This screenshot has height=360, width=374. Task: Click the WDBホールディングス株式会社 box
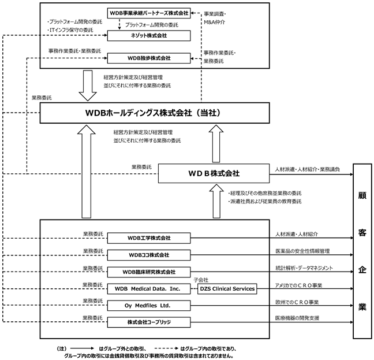pyautogui.click(x=155, y=113)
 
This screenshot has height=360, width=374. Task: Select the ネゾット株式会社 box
pyautogui.click(x=149, y=36)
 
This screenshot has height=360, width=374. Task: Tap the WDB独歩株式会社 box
pyautogui.click(x=149, y=58)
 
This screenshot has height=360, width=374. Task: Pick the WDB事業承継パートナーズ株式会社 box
pyautogui.click(x=149, y=13)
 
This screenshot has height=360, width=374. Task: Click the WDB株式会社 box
pyautogui.click(x=214, y=173)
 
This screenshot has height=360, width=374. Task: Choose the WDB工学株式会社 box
pyautogui.click(x=149, y=238)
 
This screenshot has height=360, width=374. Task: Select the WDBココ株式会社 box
pyautogui.click(x=149, y=255)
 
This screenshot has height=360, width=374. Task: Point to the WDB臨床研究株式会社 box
pyautogui.click(x=149, y=272)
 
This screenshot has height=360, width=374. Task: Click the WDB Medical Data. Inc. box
pyautogui.click(x=149, y=288)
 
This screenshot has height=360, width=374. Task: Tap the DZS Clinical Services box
pyautogui.click(x=227, y=288)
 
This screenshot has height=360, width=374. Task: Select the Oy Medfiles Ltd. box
pyautogui.click(x=149, y=306)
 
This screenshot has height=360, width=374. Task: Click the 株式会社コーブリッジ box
pyautogui.click(x=149, y=322)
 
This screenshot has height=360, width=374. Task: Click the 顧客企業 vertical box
pyautogui.click(x=362, y=251)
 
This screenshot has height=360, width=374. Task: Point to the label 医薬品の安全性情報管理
pyautogui.click(x=302, y=251)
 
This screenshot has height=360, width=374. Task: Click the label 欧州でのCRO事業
pyautogui.click(x=297, y=302)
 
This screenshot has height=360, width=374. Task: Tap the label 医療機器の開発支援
pyautogui.click(x=297, y=318)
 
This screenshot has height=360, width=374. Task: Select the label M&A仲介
pyautogui.click(x=215, y=22)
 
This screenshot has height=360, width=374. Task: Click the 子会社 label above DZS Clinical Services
pyautogui.click(x=201, y=280)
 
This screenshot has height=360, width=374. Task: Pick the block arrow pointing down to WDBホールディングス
pyautogui.click(x=88, y=86)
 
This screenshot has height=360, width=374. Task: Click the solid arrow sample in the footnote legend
pyautogui.click(x=82, y=348)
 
